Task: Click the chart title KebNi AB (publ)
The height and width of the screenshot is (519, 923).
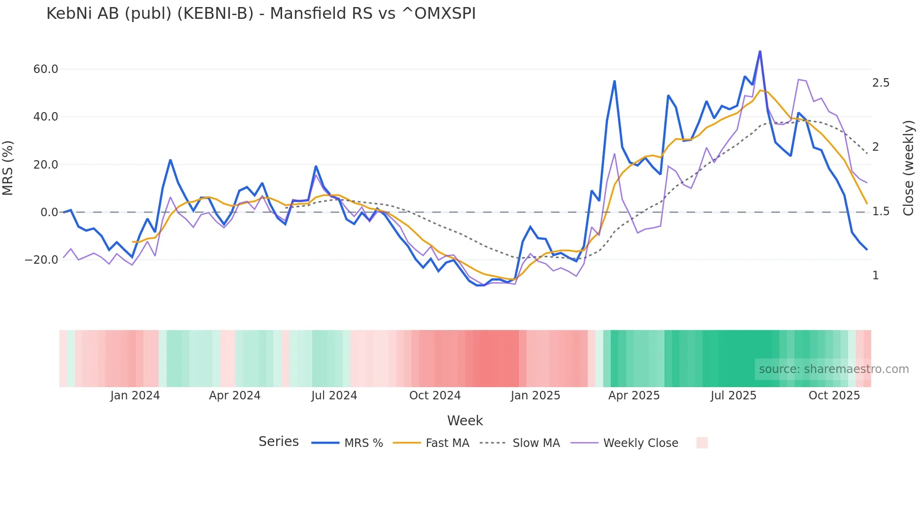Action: (x=261, y=14)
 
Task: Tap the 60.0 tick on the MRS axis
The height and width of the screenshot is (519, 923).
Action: (x=46, y=69)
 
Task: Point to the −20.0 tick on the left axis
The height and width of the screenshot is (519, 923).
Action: (x=41, y=259)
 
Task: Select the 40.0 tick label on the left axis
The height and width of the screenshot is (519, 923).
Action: (x=46, y=117)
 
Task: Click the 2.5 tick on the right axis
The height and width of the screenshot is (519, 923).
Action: (x=881, y=83)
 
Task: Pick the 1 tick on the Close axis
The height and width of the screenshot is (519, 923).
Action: (x=875, y=276)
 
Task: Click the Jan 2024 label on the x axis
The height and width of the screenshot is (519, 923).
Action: (x=135, y=396)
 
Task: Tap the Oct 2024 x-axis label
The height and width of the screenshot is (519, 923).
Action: (x=435, y=396)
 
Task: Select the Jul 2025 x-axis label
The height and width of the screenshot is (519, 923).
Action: (x=733, y=396)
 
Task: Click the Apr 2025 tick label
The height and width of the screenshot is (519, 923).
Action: (x=634, y=396)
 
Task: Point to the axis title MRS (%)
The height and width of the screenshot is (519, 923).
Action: (x=8, y=168)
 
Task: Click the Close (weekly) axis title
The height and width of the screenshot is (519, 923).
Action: (x=908, y=168)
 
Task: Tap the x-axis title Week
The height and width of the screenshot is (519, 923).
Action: (x=465, y=421)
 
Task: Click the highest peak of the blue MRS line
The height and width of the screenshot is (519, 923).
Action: (x=760, y=51)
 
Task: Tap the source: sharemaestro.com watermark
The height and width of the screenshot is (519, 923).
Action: (x=834, y=369)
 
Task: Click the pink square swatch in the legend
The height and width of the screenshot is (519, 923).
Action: (x=702, y=443)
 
